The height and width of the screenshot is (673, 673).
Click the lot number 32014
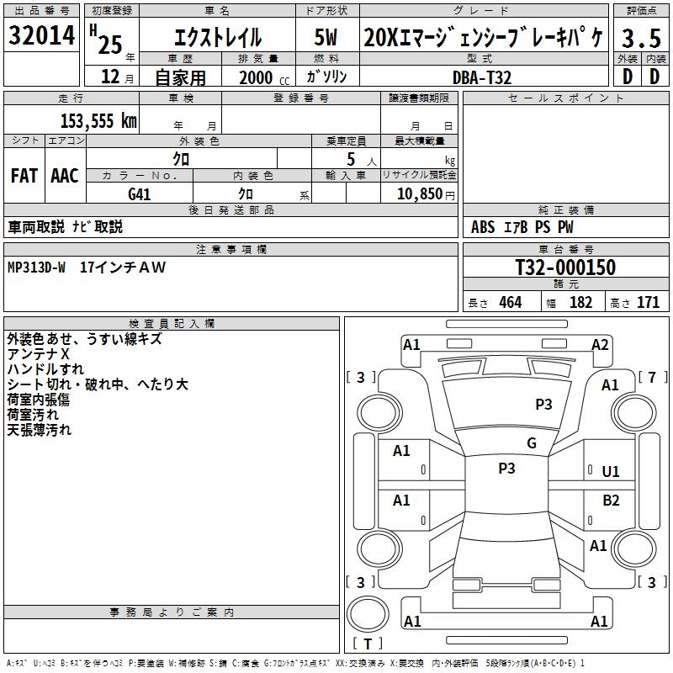pyautogui.click(x=42, y=36)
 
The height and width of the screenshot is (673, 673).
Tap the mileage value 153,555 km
pyautogui.click(x=98, y=120)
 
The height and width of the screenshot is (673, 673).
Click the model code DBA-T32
pyautogui.click(x=482, y=77)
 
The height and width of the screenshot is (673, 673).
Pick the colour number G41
pyautogui.click(x=140, y=194)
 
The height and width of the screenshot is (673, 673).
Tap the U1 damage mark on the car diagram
pyautogui.click(x=611, y=472)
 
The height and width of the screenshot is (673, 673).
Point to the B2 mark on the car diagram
pyautogui.click(x=611, y=501)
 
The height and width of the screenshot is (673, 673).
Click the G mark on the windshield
pyautogui.click(x=531, y=443)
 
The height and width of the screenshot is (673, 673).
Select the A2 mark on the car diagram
pyautogui.click(x=600, y=345)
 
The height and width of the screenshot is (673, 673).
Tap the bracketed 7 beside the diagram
pyautogui.click(x=652, y=377)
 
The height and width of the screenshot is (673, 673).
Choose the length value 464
pyautogui.click(x=510, y=303)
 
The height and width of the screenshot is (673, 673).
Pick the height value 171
pyautogui.click(x=648, y=303)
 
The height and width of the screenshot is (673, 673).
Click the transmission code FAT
pyautogui.click(x=24, y=176)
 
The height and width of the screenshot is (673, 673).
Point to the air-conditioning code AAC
pyautogui.click(x=65, y=176)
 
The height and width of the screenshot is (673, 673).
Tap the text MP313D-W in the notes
pyautogui.click(x=36, y=268)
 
